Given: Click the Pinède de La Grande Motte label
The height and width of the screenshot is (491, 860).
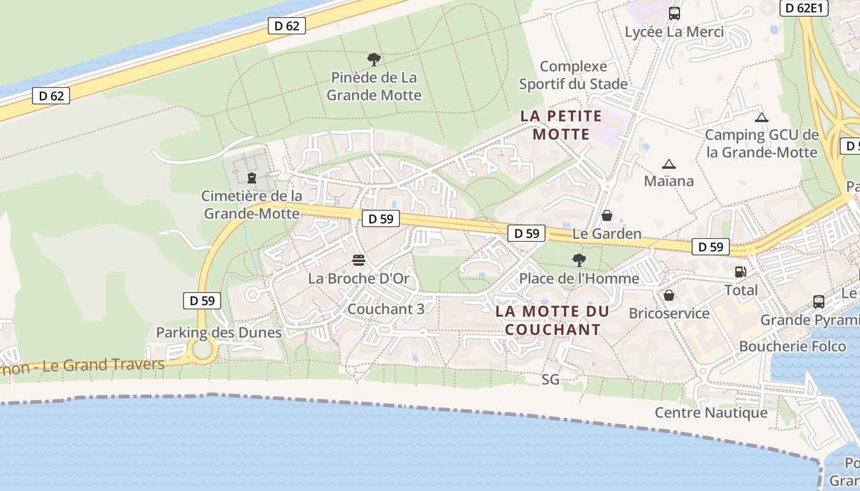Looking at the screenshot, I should click(373, 87).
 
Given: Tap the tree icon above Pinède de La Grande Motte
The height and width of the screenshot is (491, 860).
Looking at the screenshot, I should click(373, 60).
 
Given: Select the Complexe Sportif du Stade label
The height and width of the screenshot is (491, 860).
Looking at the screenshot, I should click(573, 75).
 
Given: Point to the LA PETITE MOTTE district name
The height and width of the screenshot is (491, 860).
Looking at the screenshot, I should click(561, 125).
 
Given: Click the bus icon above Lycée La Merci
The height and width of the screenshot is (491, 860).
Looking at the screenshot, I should click(674, 13).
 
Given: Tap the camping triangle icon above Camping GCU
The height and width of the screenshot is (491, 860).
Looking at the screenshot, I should click(762, 117).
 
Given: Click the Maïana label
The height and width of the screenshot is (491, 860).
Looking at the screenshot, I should click(669, 181).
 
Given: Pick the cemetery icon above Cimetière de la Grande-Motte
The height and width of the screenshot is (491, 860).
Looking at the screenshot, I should click(251, 178).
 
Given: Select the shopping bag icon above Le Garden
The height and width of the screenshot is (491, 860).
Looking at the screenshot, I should click(607, 215).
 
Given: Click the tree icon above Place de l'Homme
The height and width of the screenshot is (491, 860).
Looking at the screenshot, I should click(579, 260).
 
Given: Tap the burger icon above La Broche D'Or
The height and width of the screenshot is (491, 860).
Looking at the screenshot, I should click(359, 260).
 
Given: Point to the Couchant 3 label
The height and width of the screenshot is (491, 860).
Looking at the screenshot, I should click(386, 309).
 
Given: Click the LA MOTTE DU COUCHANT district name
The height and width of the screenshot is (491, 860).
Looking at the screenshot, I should click(552, 320).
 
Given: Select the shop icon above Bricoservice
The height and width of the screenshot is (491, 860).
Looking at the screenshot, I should click(669, 296).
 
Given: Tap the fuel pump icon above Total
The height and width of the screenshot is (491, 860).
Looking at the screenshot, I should click(741, 271).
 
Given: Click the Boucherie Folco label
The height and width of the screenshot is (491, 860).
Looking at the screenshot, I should click(792, 346).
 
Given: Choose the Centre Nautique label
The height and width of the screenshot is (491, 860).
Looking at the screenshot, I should click(711, 412).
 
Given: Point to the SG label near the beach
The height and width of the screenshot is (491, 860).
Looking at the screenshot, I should click(550, 379).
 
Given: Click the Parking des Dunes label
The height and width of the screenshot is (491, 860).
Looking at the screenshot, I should click(219, 333).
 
